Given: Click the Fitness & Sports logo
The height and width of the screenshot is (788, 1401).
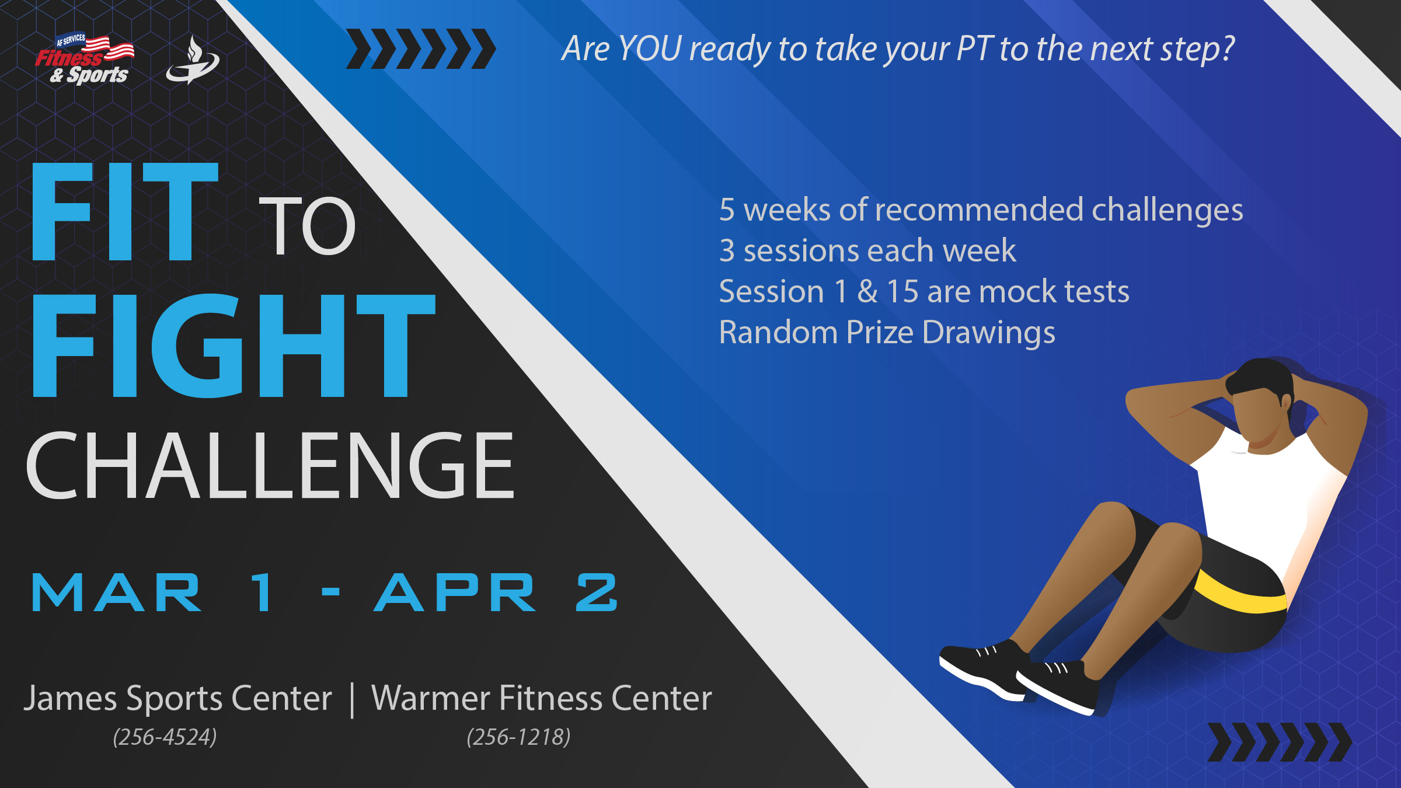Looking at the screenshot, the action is [x=85, y=58].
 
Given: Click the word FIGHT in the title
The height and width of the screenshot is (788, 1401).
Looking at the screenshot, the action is [x=234, y=346].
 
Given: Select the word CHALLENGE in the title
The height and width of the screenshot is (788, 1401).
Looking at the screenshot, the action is [x=270, y=465].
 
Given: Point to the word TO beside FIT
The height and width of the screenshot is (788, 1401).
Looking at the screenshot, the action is [x=307, y=226].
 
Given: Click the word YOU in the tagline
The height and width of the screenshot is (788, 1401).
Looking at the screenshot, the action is [x=650, y=48].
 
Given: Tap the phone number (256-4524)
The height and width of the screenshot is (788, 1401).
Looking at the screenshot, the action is [x=165, y=737].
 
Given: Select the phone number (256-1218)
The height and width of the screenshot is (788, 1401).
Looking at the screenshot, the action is [x=518, y=737].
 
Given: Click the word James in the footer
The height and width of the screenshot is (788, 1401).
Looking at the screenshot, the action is [x=71, y=699].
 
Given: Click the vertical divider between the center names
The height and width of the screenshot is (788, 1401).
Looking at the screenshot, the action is [x=352, y=700].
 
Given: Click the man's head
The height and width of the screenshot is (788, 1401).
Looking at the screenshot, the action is [x=1261, y=403].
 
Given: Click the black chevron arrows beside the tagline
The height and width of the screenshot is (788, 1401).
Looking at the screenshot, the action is [x=421, y=49].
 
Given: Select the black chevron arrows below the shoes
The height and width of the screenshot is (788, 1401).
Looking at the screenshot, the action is [x=1280, y=742].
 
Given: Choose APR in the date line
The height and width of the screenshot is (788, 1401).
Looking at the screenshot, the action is [x=455, y=592].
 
